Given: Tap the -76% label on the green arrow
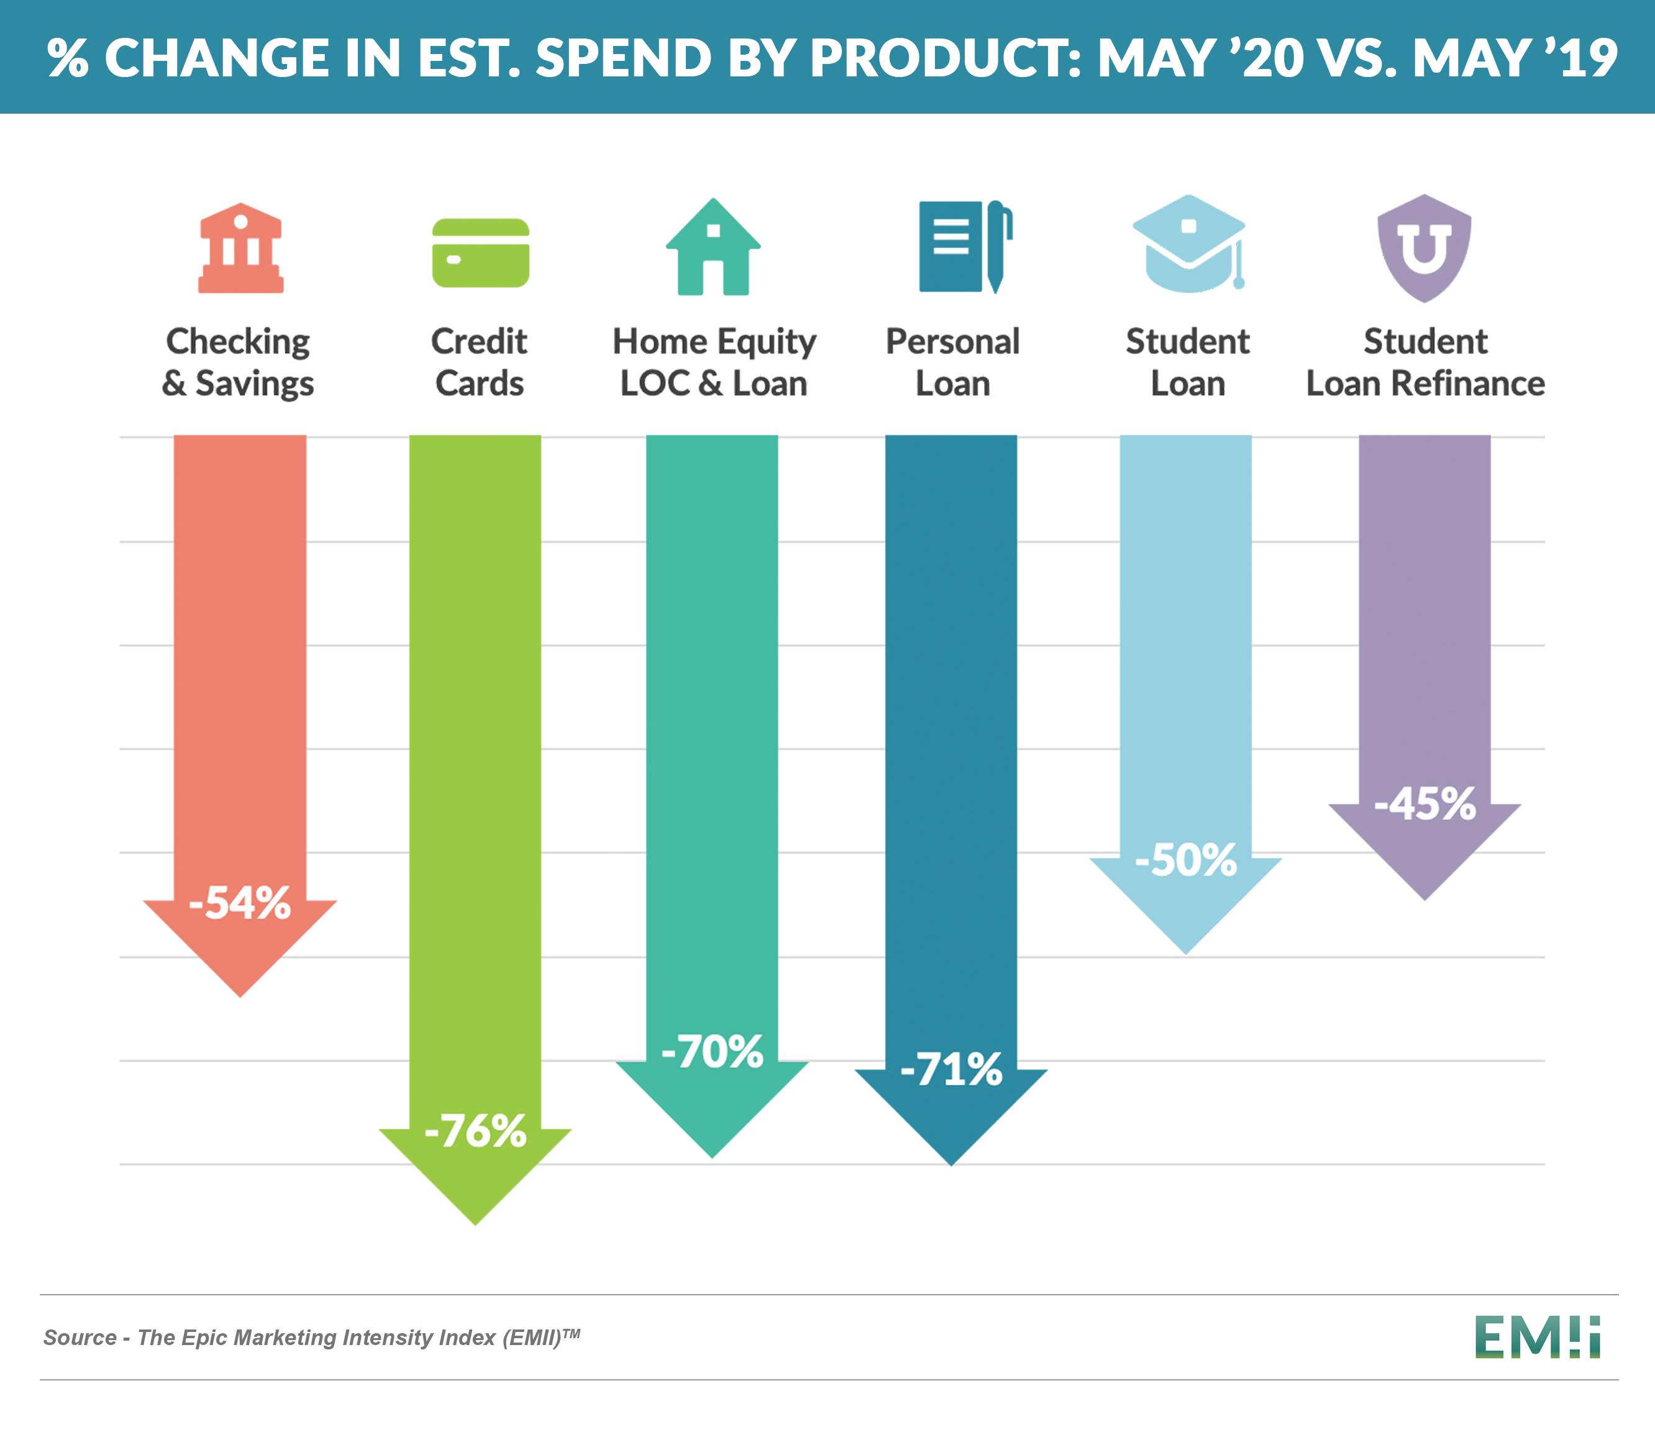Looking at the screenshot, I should coord(475,1131).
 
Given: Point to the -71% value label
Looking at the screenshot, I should coord(951,1069).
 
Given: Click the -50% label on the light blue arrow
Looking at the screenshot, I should coord(1186,860).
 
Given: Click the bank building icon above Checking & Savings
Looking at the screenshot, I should coord(240,248).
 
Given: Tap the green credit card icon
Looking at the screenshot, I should coord(480,252).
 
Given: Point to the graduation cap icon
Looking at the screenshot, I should coord(1189,244).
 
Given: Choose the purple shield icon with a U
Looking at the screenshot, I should coord(1424,248).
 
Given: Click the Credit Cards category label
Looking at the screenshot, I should coord(480,362).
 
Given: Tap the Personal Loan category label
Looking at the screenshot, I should coord(952,362).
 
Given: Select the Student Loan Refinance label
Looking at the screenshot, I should coord(1425,362).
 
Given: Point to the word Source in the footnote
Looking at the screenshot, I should coord(80,1338).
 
